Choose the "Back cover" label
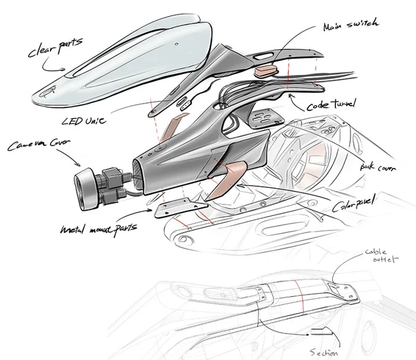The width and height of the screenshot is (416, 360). pos(379,168)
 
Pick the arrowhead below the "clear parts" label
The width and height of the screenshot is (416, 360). pos(63,69)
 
